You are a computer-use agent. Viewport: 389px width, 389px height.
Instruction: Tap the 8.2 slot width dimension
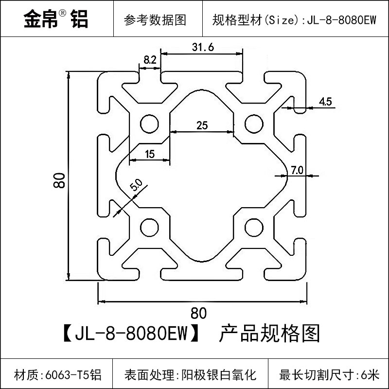point(150,60)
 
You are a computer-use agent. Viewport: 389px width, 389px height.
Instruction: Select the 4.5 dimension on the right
point(325,102)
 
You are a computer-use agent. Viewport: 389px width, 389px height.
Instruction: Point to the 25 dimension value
point(202,125)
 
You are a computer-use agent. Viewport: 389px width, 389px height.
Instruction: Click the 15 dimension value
point(149,154)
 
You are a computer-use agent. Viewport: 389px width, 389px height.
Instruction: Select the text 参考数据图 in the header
point(155,20)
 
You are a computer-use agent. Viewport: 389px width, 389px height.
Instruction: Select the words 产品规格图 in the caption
point(270,334)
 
